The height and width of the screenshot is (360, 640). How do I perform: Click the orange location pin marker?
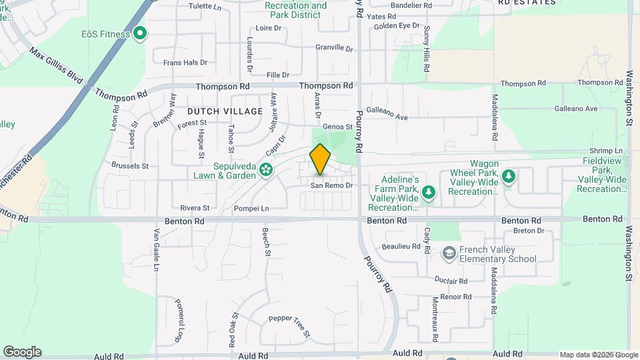pyautogui.click(x=321, y=159)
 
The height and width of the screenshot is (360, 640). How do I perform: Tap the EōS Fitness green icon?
pyautogui.click(x=140, y=33)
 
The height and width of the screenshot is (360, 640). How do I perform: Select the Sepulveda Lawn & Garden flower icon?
pyautogui.click(x=266, y=169)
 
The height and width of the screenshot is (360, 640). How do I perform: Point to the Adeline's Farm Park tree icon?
pyautogui.click(x=429, y=193)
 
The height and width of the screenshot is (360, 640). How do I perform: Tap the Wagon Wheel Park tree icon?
pyautogui.click(x=509, y=176)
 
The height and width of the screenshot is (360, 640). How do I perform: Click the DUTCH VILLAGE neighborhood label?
pyautogui.click(x=216, y=111)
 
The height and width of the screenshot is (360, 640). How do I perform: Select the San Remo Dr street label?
pyautogui.click(x=332, y=185)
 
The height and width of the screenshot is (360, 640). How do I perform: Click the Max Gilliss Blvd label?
pyautogui.click(x=56, y=65)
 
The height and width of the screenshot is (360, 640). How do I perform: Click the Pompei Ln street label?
pyautogui.click(x=251, y=209)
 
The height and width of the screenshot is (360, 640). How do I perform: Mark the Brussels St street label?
pyautogui.click(x=130, y=165)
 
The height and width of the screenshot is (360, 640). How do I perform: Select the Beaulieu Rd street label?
pyautogui.click(x=401, y=247)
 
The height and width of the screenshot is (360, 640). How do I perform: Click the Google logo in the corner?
pyautogui.click(x=22, y=352)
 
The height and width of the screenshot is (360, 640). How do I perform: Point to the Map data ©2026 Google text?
pyautogui.click(x=598, y=355)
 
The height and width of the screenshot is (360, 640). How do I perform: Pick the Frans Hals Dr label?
pyautogui.click(x=185, y=62)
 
